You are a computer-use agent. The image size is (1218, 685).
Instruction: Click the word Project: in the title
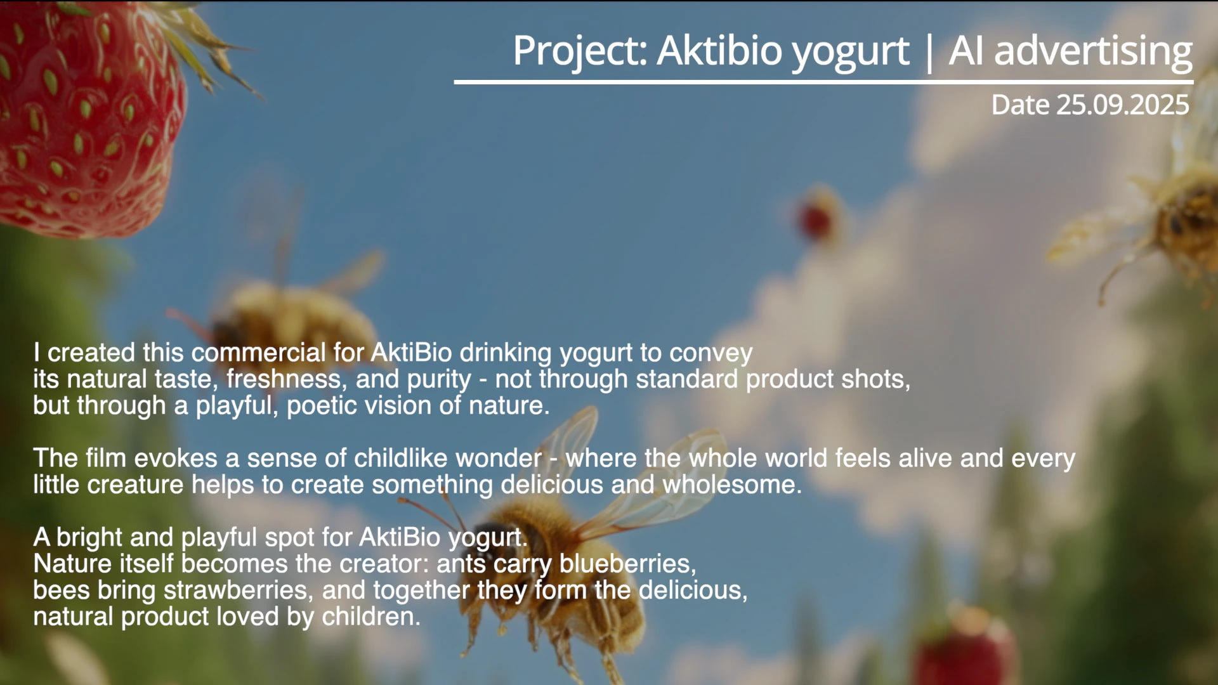click(x=580, y=51)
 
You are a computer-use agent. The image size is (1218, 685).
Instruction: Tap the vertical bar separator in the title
click(x=929, y=52)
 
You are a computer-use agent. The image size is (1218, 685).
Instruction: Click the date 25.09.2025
click(x=1123, y=105)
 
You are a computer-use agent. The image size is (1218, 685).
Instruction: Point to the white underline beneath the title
click(x=823, y=82)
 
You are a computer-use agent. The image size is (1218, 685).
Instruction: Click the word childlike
click(x=448, y=458)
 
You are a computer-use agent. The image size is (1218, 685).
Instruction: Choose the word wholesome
click(x=732, y=485)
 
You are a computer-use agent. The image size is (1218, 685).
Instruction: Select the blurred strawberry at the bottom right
click(x=964, y=647)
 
